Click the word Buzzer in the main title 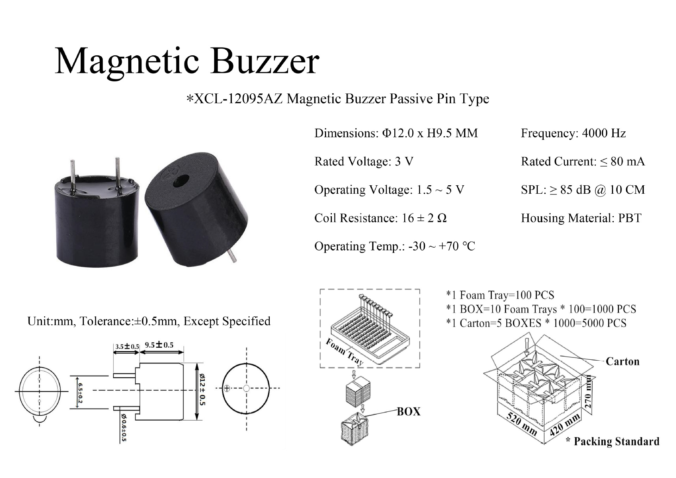(265, 62)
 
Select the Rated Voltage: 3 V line (364, 161)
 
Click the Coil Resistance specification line (380, 218)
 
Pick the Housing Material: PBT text (581, 218)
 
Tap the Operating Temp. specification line (394, 246)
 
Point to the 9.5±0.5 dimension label (159, 345)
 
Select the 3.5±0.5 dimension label (127, 346)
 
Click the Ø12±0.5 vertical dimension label (202, 390)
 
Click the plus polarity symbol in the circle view (227, 389)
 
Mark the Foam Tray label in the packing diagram (344, 352)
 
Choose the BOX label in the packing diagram (408, 411)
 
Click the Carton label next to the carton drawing (622, 361)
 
